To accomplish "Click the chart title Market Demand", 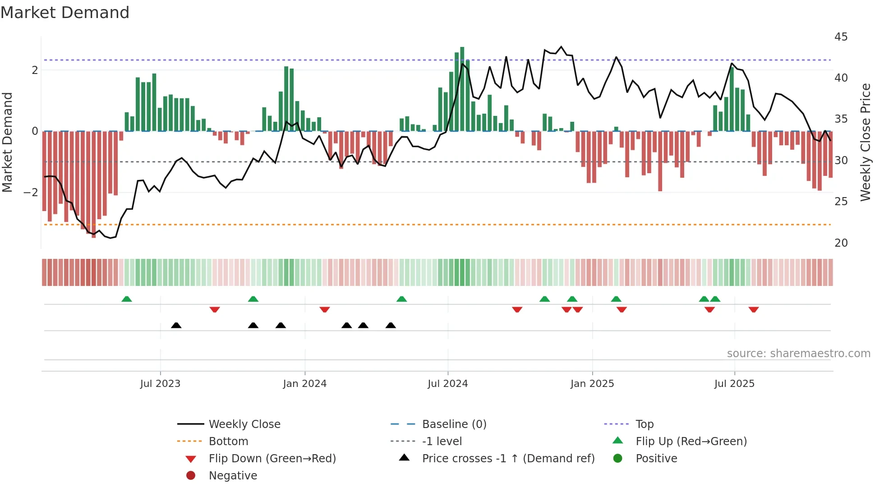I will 65,13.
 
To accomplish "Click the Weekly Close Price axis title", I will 865,142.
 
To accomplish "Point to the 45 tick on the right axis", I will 841,37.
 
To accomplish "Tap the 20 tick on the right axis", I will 841,243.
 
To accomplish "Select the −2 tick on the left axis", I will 31,193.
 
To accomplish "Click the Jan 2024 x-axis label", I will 304,384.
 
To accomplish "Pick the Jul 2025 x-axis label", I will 734,384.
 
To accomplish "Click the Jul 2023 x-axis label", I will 160,384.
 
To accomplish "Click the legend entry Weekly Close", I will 244,424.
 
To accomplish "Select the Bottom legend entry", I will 228,442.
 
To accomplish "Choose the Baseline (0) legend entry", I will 454,424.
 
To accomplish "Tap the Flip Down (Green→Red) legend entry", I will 272,459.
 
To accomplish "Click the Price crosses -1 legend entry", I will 508,459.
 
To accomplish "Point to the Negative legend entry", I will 233,476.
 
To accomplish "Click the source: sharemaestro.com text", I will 798,354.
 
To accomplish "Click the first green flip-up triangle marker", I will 127,299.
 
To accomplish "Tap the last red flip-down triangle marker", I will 753,309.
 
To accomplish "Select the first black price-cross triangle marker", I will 176,325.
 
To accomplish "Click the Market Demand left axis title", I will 8,142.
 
